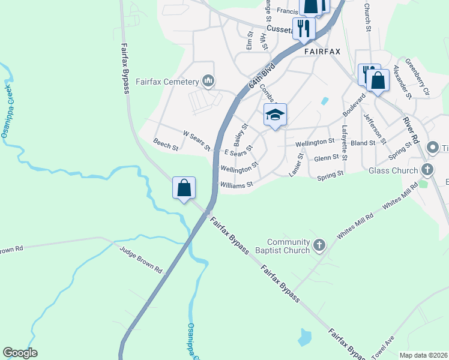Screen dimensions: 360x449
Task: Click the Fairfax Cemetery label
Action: [x=167, y=82]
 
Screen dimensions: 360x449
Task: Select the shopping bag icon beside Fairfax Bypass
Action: [x=184, y=187]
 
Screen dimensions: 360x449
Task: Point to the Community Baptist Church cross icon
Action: [x=319, y=245]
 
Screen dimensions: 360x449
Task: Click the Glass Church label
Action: [x=393, y=170]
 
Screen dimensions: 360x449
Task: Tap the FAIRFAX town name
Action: [x=322, y=52]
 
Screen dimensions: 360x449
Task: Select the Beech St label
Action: [x=166, y=145]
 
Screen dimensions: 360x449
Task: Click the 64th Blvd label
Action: [x=261, y=76]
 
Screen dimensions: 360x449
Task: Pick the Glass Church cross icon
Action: [x=427, y=170]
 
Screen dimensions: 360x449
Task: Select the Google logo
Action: [x=20, y=353]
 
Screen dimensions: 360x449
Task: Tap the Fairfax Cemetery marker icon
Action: [x=208, y=80]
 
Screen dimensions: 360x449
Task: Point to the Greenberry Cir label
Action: [x=418, y=77]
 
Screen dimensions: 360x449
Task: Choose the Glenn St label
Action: [x=327, y=158]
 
